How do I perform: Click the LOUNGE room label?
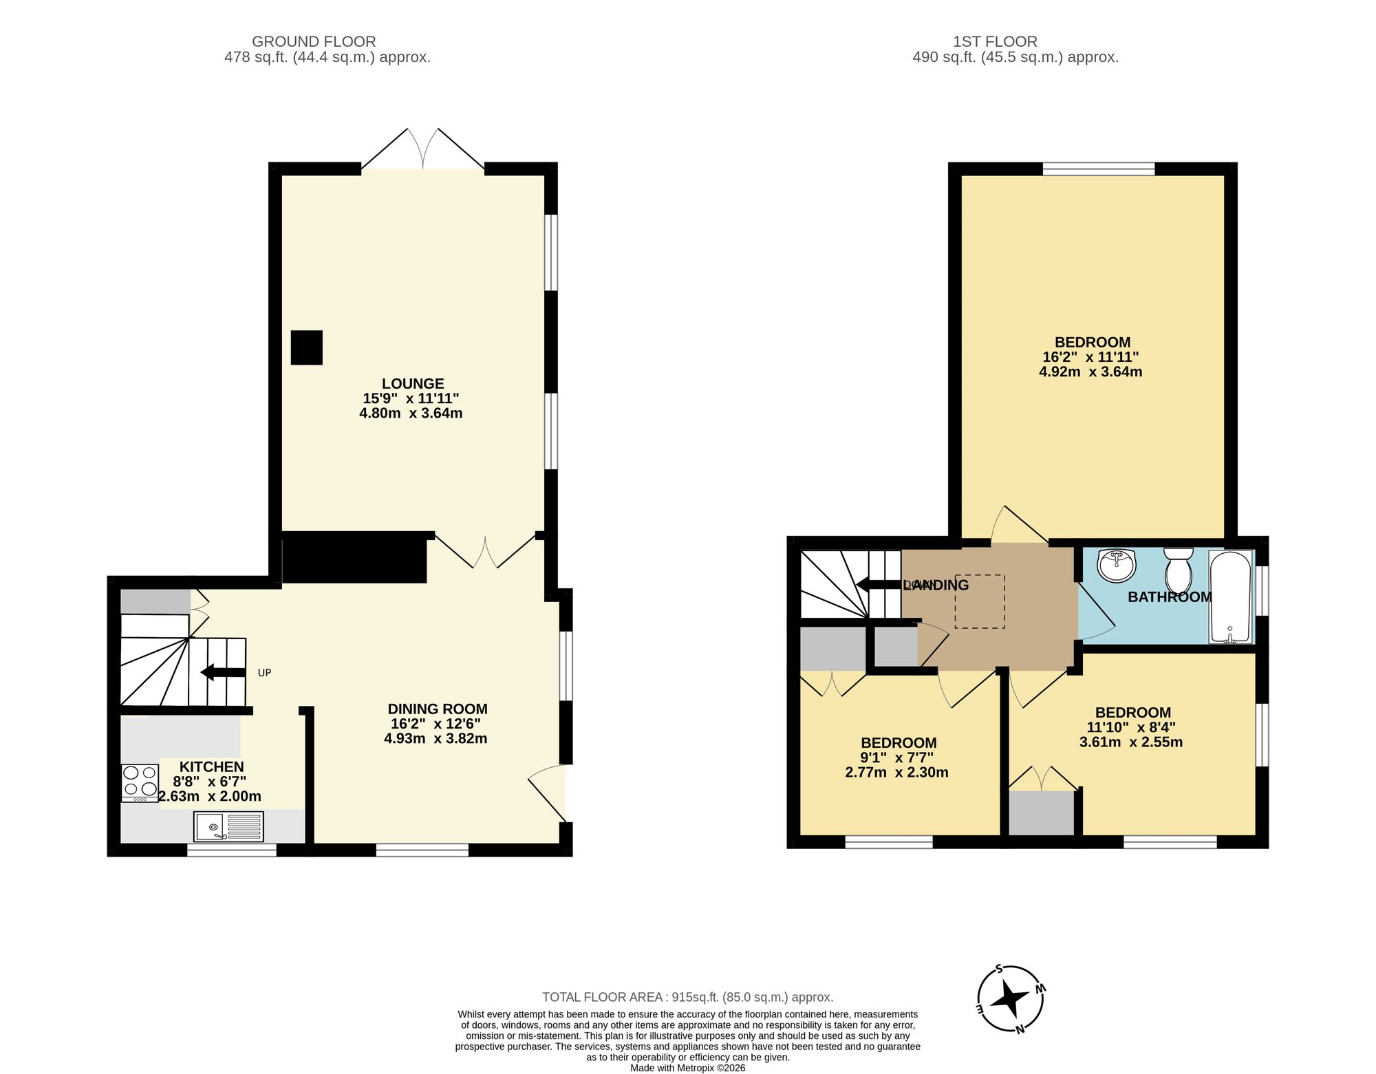pyautogui.click(x=413, y=383)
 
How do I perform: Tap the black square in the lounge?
pyautogui.click(x=306, y=347)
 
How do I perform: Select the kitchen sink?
pyautogui.click(x=228, y=826)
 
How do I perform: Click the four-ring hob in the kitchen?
pyautogui.click(x=140, y=782)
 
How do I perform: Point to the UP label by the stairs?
pyautogui.click(x=264, y=673)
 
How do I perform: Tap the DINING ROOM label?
pyautogui.click(x=438, y=709)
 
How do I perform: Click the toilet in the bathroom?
pyautogui.click(x=1179, y=568)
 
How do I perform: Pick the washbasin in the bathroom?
pyautogui.click(x=1116, y=566)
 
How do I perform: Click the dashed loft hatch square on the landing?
pyautogui.click(x=979, y=601)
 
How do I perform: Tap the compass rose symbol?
pyautogui.click(x=1010, y=998)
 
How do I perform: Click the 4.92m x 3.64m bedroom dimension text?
pyautogui.click(x=1090, y=372)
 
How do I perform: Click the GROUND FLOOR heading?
pyautogui.click(x=314, y=41)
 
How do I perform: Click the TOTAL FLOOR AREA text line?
pyautogui.click(x=687, y=997)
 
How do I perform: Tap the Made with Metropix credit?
pyautogui.click(x=687, y=1068)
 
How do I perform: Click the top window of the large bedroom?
pyautogui.click(x=1098, y=169)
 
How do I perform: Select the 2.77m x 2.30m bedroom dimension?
pyautogui.click(x=896, y=773)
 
